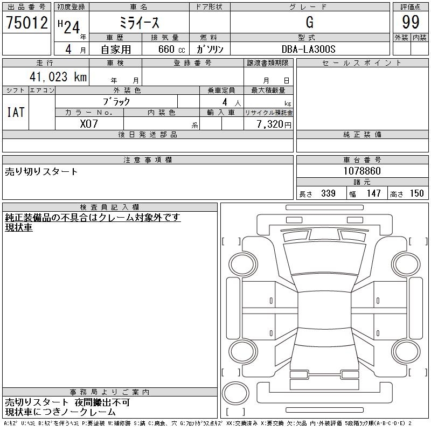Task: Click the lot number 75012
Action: (27, 23)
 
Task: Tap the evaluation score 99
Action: (411, 22)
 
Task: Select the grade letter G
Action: (309, 22)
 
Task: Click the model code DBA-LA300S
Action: (308, 49)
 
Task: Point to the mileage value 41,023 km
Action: (58, 77)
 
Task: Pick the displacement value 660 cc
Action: (171, 49)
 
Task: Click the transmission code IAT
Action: (16, 112)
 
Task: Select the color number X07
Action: (89, 124)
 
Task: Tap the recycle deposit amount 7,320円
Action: (274, 124)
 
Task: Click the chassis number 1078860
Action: (362, 171)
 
